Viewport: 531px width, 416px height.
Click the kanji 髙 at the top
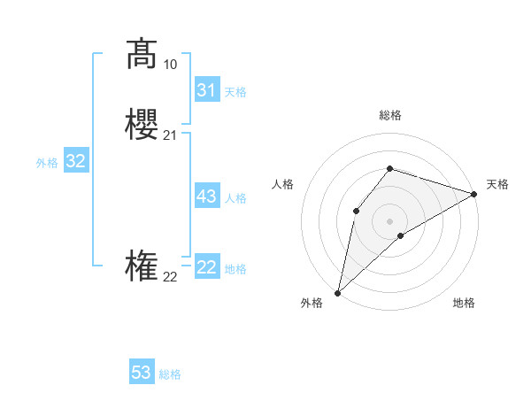click(x=142, y=54)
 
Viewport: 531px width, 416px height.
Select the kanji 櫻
click(x=142, y=125)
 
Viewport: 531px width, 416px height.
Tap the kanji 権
click(x=142, y=266)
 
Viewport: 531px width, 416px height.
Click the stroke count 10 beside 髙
click(x=170, y=65)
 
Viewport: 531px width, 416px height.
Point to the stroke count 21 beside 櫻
click(x=170, y=135)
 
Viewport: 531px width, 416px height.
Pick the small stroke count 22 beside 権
click(x=170, y=277)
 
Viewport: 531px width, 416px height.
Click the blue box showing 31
click(x=206, y=90)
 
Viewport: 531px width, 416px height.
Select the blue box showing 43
click(x=206, y=196)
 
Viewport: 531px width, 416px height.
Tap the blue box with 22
click(x=206, y=267)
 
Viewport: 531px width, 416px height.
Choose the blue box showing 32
click(x=75, y=161)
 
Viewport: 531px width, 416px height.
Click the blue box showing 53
click(x=142, y=373)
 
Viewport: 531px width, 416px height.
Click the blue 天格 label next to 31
click(x=235, y=92)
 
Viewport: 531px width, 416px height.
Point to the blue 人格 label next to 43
click(x=235, y=198)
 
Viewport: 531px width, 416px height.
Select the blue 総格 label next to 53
click(x=170, y=374)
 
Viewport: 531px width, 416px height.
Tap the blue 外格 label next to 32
click(x=47, y=163)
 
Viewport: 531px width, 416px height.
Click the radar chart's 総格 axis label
click(x=389, y=115)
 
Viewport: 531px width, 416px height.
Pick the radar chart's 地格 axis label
click(x=464, y=303)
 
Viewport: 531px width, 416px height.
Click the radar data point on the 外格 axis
click(x=337, y=293)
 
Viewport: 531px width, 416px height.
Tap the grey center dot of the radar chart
click(x=389, y=220)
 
